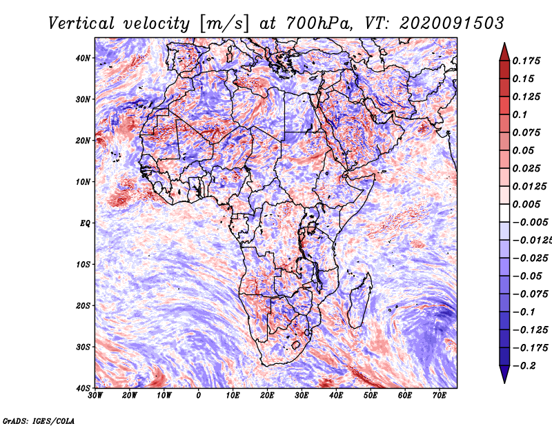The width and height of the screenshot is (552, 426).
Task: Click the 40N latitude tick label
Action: tap(83, 58)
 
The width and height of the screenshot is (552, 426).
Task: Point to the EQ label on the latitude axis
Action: tap(85, 223)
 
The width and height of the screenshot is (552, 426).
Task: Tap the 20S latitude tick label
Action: tap(83, 305)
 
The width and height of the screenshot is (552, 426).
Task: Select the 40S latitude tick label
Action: tap(83, 388)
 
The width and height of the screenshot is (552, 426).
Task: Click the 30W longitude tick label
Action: tap(95, 396)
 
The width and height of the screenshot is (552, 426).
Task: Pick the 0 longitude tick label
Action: tap(199, 396)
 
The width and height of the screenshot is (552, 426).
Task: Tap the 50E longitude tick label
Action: tap(371, 396)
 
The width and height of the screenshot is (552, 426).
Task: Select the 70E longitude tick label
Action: tap(440, 396)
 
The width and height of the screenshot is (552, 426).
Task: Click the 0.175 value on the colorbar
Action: tap(526, 61)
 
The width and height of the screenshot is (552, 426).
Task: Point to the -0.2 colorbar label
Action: tap(524, 366)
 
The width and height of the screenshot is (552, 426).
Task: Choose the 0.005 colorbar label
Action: tap(526, 204)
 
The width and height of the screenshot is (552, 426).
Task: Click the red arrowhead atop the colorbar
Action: tap(504, 52)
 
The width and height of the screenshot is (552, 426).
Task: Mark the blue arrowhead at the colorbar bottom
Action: tap(504, 374)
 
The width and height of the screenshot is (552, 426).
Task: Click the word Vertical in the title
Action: tap(81, 23)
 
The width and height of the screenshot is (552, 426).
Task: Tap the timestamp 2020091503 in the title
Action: tap(452, 23)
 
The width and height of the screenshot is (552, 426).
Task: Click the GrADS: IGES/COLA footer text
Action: tap(39, 421)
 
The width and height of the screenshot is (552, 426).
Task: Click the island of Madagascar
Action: tap(360, 303)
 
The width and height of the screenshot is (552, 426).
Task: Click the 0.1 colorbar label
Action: tap(520, 114)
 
